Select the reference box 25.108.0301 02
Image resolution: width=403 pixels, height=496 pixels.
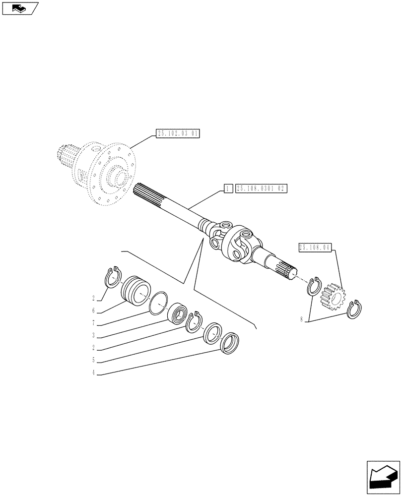pyautogui.click(x=262, y=188)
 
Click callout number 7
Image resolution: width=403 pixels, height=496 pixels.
pyautogui.click(x=93, y=323)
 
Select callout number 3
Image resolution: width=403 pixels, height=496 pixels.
pyautogui.click(x=93, y=335)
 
